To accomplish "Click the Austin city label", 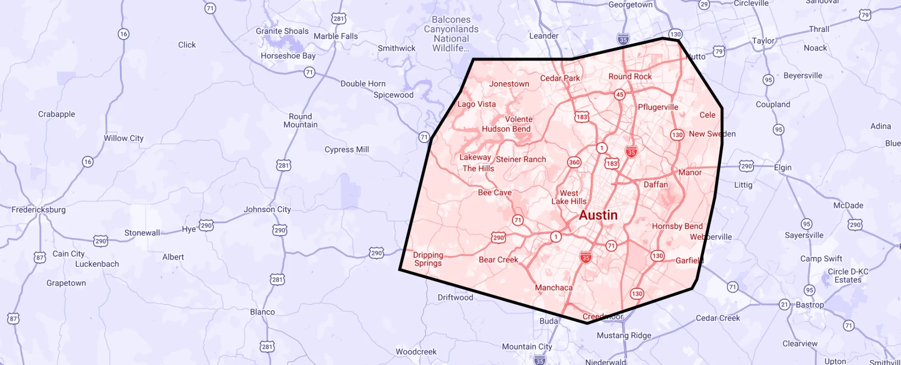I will (598, 215).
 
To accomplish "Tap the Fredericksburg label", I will (39, 210).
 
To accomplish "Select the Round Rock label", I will (630, 77).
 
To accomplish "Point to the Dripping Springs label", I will (428, 259).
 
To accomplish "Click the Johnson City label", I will (267, 209).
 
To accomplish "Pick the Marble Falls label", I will (335, 36).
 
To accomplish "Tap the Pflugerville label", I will (658, 107).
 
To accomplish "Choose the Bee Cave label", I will (495, 193).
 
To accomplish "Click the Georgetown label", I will (630, 5).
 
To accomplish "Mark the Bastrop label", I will (810, 304).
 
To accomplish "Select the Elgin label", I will (783, 167).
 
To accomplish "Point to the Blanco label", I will (262, 312).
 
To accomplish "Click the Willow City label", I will (123, 138).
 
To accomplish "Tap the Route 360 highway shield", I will (574, 162).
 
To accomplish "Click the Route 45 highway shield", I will (619, 95).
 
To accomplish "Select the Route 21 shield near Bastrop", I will (784, 304).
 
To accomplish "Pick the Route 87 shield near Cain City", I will (40, 258).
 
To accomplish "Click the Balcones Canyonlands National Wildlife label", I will (451, 34).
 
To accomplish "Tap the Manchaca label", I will (553, 288).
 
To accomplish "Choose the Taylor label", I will (763, 41).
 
